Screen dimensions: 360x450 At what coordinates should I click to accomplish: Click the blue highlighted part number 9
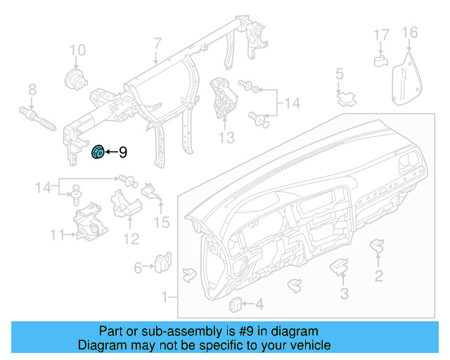click(x=98, y=151)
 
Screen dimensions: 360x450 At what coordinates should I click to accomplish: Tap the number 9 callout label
click(x=122, y=152)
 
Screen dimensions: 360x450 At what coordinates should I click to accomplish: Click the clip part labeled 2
click(x=378, y=245)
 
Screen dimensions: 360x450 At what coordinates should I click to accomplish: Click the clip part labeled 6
click(x=163, y=262)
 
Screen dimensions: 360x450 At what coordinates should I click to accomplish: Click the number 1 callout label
click(x=167, y=297)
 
